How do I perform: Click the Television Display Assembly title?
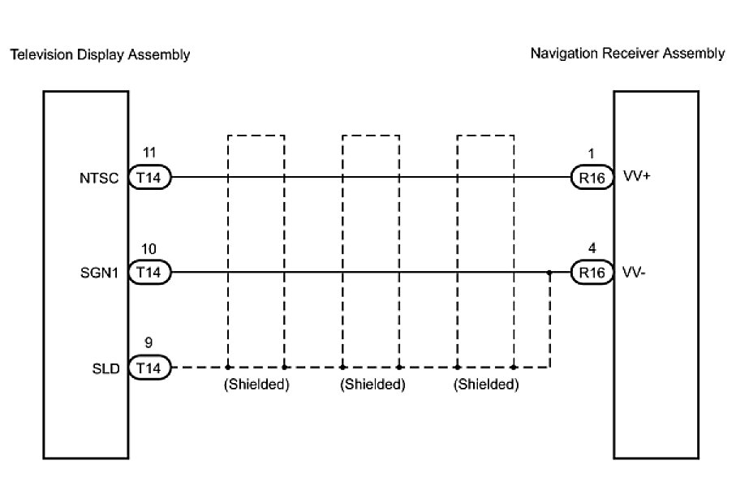[99, 55]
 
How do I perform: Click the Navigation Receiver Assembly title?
[627, 54]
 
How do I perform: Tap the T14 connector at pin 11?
[149, 178]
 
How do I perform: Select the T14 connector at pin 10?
[149, 273]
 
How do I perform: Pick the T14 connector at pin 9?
[149, 368]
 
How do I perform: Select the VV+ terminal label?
[637, 176]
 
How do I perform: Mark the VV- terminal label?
[635, 272]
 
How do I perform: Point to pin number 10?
[148, 249]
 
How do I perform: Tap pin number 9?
[148, 344]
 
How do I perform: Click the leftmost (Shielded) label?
[256, 385]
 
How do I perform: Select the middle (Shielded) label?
[372, 385]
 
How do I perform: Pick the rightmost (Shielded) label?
[486, 385]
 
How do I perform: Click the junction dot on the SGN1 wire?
[550, 273]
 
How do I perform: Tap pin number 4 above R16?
[592, 249]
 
